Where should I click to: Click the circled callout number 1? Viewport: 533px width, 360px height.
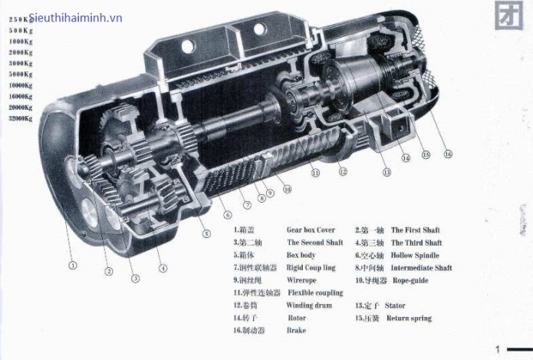(x=73, y=266)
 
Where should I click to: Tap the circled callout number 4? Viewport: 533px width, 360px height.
(x=163, y=268)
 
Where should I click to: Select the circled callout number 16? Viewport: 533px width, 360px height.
(x=448, y=154)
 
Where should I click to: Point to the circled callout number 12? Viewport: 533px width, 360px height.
(x=342, y=172)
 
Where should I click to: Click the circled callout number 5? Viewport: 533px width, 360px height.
(x=206, y=233)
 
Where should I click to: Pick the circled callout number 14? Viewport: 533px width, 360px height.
(x=406, y=159)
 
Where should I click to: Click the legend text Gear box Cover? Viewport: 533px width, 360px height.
(x=311, y=230)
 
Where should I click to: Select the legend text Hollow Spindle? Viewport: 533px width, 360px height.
(x=417, y=255)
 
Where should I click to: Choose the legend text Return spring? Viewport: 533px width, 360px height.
(x=411, y=318)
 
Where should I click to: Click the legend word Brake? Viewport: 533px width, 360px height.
(x=296, y=330)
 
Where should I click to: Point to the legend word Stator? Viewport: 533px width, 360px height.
(x=395, y=306)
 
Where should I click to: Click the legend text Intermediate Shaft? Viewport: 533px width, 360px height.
(x=421, y=268)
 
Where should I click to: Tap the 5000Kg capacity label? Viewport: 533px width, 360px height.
(x=21, y=74)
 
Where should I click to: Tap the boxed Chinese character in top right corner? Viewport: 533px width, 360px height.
(x=505, y=17)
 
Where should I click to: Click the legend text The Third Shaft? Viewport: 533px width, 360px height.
(x=416, y=243)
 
